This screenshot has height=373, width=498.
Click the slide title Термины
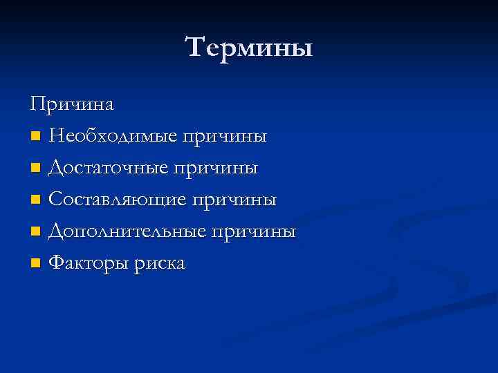coord(249,48)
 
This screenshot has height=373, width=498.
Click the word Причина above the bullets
coord(72,104)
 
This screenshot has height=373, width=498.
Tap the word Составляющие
coord(118,200)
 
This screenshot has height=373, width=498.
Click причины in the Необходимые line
coord(224,136)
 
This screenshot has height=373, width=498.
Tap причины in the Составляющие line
coord(234,200)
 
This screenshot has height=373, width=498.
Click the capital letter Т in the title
coord(196,48)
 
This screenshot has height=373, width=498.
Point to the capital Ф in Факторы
coord(57,264)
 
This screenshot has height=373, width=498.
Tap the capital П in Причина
coord(37,104)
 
